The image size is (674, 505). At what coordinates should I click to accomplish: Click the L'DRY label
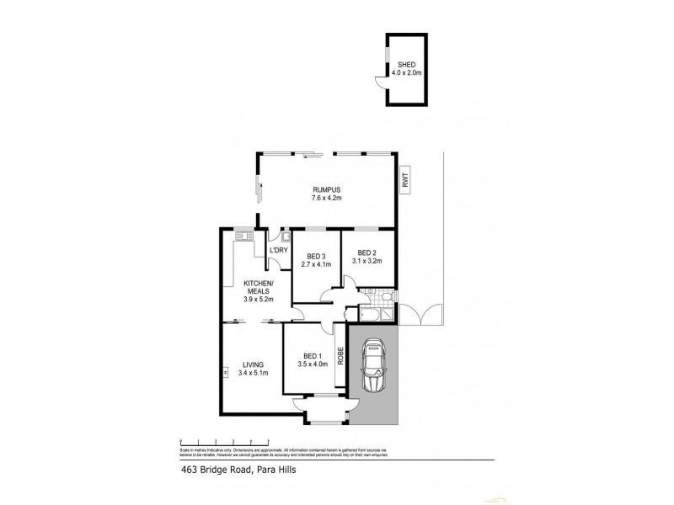click(x=279, y=250)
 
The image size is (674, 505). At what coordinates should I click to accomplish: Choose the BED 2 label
click(x=367, y=252)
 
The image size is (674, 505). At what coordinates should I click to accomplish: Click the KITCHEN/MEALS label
click(x=257, y=286)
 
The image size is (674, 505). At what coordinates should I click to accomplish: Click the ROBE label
click(x=341, y=356)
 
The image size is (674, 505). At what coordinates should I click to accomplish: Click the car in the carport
click(x=372, y=369)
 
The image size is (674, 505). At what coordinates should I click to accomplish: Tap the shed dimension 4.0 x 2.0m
click(x=406, y=73)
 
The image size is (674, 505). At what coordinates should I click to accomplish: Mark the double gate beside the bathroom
click(x=420, y=315)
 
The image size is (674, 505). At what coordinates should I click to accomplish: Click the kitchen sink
click(x=244, y=237)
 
